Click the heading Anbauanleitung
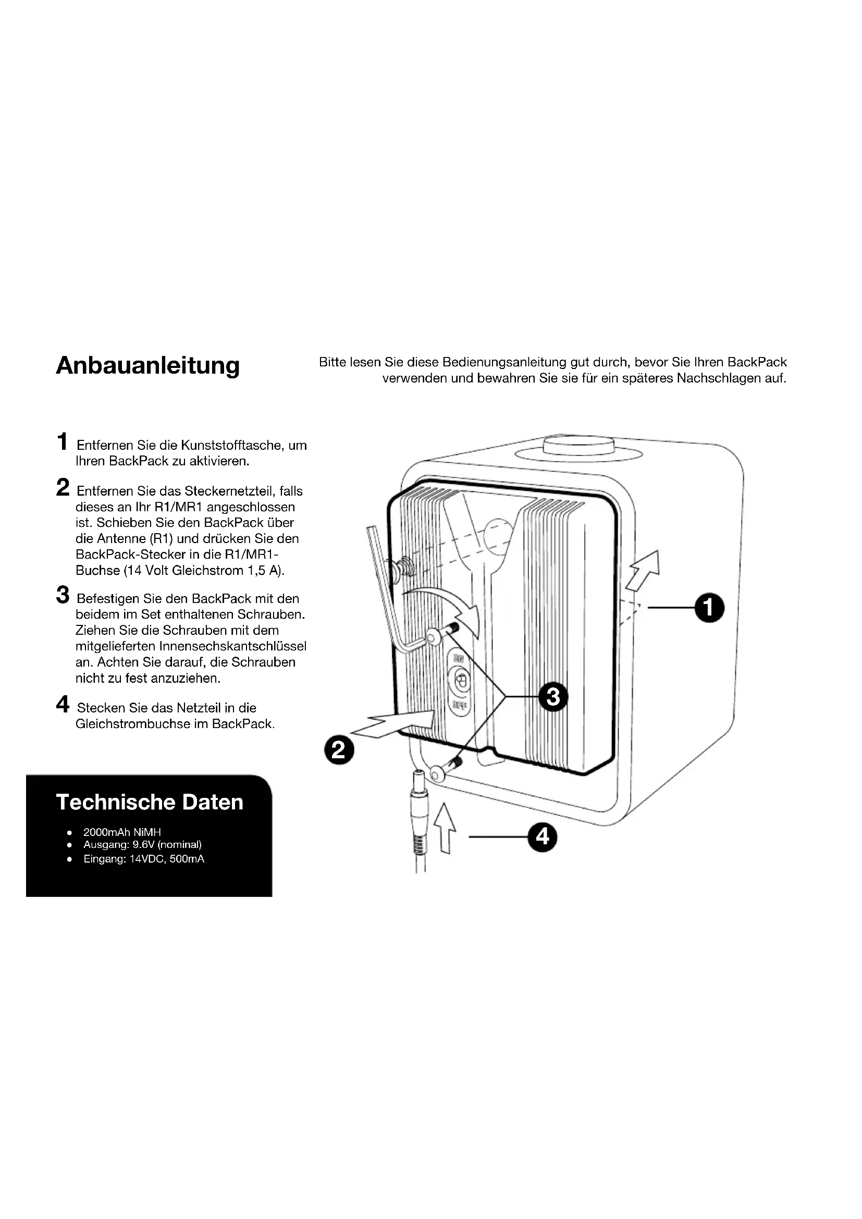pos(147,366)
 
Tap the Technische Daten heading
pos(149,802)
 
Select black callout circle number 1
pos(710,608)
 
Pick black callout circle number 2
pos(339,750)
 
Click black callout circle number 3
pos(553,696)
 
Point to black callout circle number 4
pos(543,838)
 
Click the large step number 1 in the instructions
pos(63,442)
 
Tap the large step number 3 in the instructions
pos(63,595)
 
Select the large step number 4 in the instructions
pos(63,705)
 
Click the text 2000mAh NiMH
pos(122,832)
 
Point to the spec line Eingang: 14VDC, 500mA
pos(143,859)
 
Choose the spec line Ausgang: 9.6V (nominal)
pos(142,845)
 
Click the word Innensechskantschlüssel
pos(233,647)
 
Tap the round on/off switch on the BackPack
pos(460,681)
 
